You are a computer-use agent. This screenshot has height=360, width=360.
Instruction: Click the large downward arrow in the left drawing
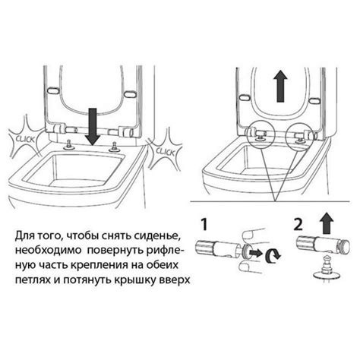tap(93, 127)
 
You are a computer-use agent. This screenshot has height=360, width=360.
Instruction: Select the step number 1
tap(204, 224)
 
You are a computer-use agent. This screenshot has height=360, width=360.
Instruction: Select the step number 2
tap(298, 224)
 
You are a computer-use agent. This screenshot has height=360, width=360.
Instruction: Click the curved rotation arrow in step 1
tap(273, 255)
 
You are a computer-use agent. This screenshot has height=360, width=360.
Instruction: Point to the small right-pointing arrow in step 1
tap(255, 253)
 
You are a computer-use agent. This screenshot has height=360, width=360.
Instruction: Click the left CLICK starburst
tap(24, 138)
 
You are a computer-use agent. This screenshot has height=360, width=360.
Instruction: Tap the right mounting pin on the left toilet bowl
tap(113, 147)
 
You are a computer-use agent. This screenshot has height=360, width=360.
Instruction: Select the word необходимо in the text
tap(48, 251)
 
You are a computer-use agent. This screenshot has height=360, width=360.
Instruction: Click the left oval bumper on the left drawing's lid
tap(52, 90)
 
